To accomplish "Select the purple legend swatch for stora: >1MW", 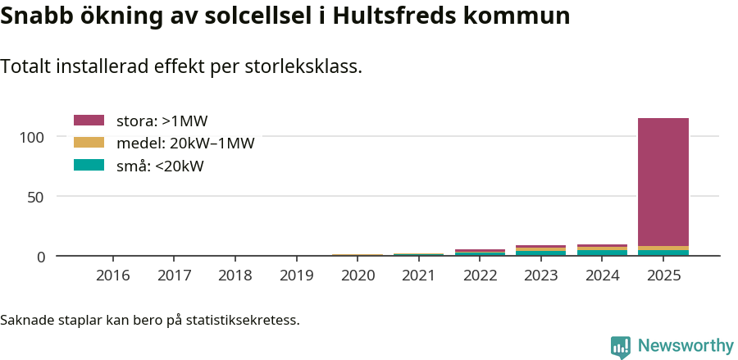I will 89,121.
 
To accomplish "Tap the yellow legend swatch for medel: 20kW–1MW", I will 89,143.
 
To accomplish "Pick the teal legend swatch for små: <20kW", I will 89,165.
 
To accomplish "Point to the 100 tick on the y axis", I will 33,136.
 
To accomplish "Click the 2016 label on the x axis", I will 113,276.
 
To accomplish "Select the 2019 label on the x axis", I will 297,276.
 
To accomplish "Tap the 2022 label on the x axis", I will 481,276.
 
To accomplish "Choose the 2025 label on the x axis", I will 663,276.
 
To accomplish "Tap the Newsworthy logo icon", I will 621,346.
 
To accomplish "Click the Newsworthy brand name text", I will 686,346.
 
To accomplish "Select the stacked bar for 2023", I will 541,250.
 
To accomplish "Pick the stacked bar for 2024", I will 603,250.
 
